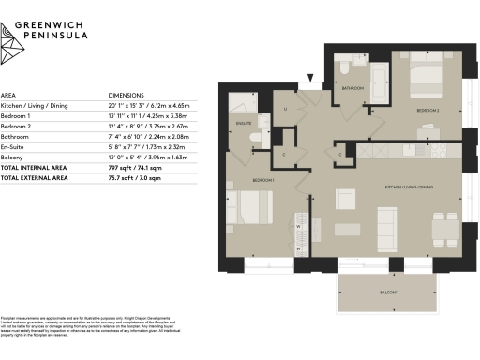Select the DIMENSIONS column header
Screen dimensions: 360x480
coord(126,96)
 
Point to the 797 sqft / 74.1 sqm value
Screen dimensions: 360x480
coord(138,166)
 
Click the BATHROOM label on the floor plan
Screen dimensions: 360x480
coord(352,88)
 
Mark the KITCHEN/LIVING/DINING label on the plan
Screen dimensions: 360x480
coord(404,187)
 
